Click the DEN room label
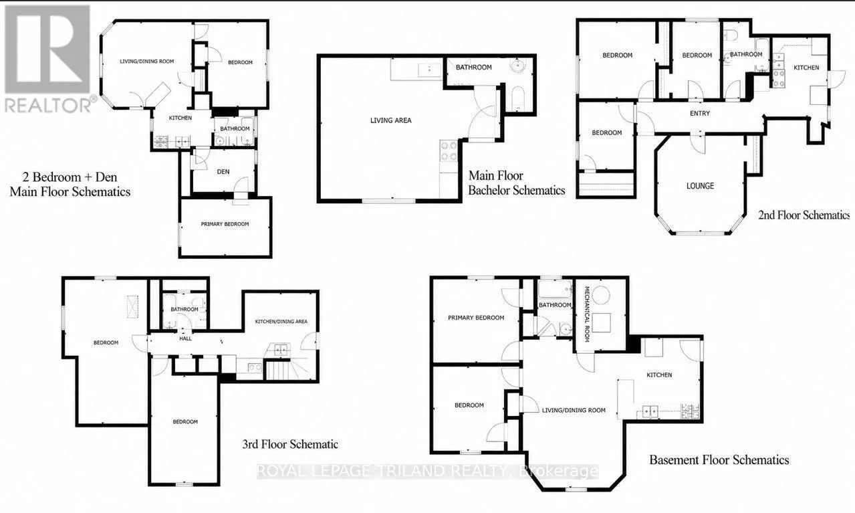point(223,172)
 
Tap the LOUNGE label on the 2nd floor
point(700,186)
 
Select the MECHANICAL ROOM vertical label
point(587,314)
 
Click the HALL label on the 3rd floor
point(185,338)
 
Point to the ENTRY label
point(700,114)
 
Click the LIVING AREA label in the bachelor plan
point(391,120)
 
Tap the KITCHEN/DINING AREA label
point(281,322)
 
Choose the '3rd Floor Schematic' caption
point(290,444)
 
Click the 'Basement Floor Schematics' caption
point(719,460)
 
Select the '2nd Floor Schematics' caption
point(804,215)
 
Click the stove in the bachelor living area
point(449,151)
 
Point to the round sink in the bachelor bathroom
point(518,66)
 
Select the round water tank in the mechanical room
point(601,295)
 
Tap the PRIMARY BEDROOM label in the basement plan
point(476,318)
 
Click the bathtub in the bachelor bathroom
point(517,99)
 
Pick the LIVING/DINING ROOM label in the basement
point(574,411)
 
